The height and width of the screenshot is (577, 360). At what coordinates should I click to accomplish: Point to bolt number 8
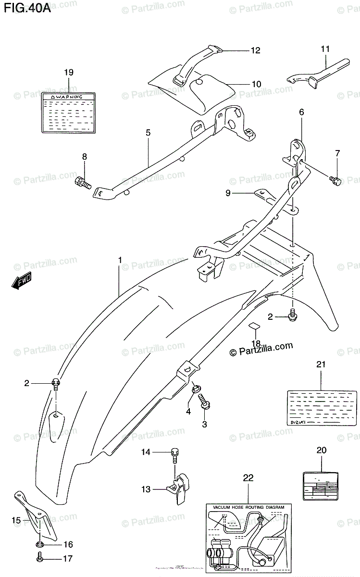(x=83, y=183)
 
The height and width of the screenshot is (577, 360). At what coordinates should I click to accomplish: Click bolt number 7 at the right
(x=335, y=181)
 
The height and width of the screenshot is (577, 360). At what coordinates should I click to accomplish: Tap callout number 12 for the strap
(x=255, y=50)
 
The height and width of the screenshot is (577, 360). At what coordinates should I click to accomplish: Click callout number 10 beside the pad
(x=256, y=84)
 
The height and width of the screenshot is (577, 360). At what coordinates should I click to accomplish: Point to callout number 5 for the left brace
(x=148, y=132)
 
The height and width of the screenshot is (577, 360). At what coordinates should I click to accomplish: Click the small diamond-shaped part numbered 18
(x=254, y=326)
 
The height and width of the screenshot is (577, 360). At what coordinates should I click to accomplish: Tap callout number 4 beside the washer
(x=188, y=411)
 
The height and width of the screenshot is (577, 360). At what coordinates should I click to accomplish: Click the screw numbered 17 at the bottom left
(x=40, y=559)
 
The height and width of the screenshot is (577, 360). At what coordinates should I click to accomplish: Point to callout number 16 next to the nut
(x=68, y=544)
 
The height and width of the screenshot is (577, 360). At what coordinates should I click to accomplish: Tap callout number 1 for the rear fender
(x=120, y=261)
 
